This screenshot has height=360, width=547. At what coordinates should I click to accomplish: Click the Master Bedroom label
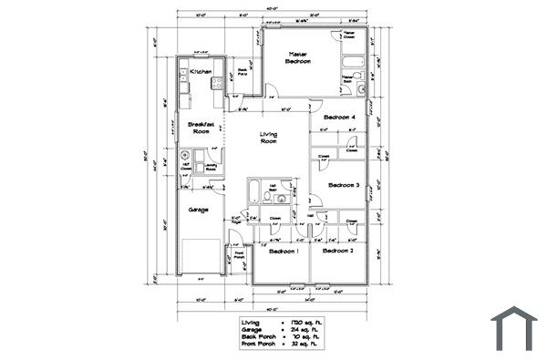click(298, 58)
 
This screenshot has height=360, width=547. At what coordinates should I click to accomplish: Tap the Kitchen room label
click(201, 71)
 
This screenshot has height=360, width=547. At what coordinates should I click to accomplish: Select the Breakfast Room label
click(200, 128)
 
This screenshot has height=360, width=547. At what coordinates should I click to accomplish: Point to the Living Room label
click(268, 138)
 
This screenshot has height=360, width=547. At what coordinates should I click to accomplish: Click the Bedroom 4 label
click(340, 118)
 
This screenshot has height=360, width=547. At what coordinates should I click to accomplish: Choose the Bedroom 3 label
click(344, 185)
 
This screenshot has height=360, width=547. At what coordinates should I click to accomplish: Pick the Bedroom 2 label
click(337, 250)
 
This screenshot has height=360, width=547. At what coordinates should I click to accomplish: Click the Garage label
click(198, 210)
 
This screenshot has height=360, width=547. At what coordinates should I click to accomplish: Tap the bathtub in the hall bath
click(254, 190)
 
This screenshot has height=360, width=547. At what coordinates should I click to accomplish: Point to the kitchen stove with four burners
click(217, 84)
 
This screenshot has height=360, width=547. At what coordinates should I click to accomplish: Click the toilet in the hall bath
click(282, 198)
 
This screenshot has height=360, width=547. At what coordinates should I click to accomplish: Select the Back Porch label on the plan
click(243, 71)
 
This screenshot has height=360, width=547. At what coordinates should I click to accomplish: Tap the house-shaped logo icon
click(514, 328)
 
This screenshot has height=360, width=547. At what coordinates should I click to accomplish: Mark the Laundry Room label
click(211, 167)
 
